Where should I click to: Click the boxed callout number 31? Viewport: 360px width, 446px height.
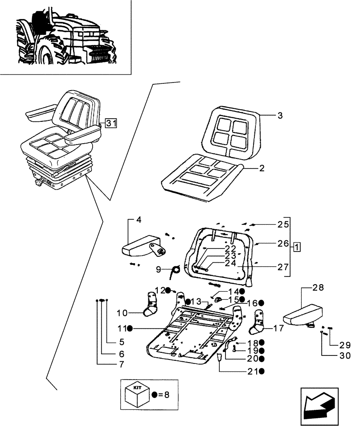coord(111,124)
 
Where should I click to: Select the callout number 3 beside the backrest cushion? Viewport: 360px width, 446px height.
coord(280,116)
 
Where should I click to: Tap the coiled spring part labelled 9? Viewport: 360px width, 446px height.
coord(176,270)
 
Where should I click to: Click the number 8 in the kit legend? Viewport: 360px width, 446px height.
coord(167,395)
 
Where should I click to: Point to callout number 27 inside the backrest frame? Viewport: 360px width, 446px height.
coord(283,268)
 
